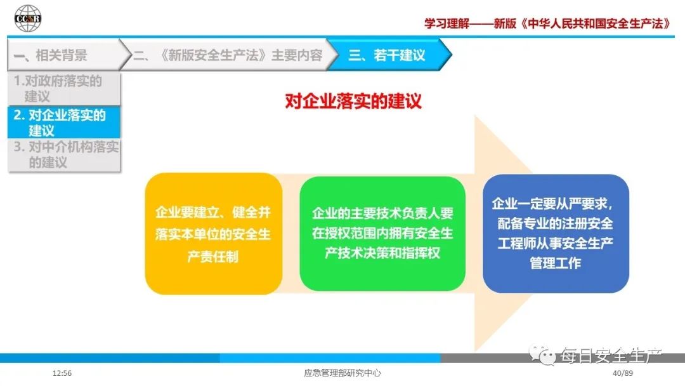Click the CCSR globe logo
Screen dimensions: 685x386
pos(27,18)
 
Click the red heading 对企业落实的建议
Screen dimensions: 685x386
pos(353,101)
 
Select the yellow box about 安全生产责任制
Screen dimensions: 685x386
pos(214,234)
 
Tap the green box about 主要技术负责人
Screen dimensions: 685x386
pos(382,234)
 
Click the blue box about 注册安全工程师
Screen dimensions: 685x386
pos(556,234)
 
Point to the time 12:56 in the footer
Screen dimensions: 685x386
pos(62,373)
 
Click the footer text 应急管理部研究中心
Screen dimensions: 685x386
pos(342,373)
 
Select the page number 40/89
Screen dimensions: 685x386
pos(623,373)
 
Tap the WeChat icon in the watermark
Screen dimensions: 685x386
pos(542,355)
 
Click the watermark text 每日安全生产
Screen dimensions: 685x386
pos(611,356)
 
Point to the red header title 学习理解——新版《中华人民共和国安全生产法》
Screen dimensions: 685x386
pos(547,23)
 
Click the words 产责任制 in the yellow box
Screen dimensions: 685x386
pos(212,256)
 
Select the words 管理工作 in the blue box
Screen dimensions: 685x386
pos(555,263)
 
